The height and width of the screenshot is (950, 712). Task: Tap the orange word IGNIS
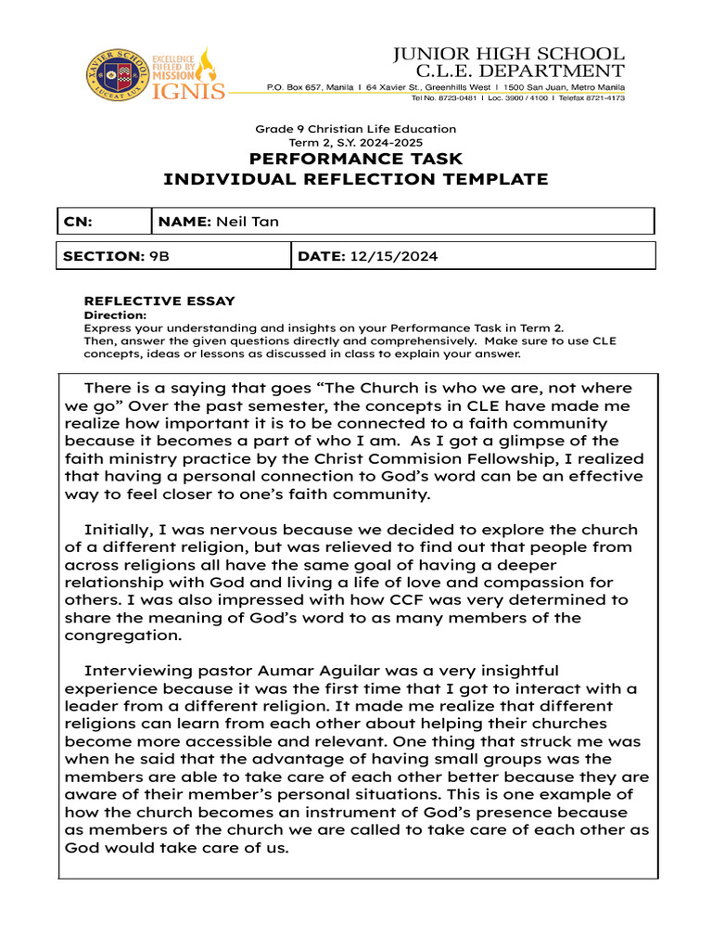click(x=188, y=90)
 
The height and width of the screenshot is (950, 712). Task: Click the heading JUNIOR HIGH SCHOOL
click(x=508, y=54)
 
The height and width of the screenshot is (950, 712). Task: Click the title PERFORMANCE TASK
click(x=356, y=160)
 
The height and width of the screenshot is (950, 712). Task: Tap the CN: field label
click(x=78, y=221)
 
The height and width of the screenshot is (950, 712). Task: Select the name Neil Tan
click(x=248, y=221)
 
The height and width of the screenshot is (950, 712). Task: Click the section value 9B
click(x=159, y=255)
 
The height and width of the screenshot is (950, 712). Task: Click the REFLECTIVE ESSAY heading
click(x=159, y=302)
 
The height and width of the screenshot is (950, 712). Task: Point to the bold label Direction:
click(x=115, y=315)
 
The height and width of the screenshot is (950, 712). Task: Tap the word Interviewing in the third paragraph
click(x=135, y=670)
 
